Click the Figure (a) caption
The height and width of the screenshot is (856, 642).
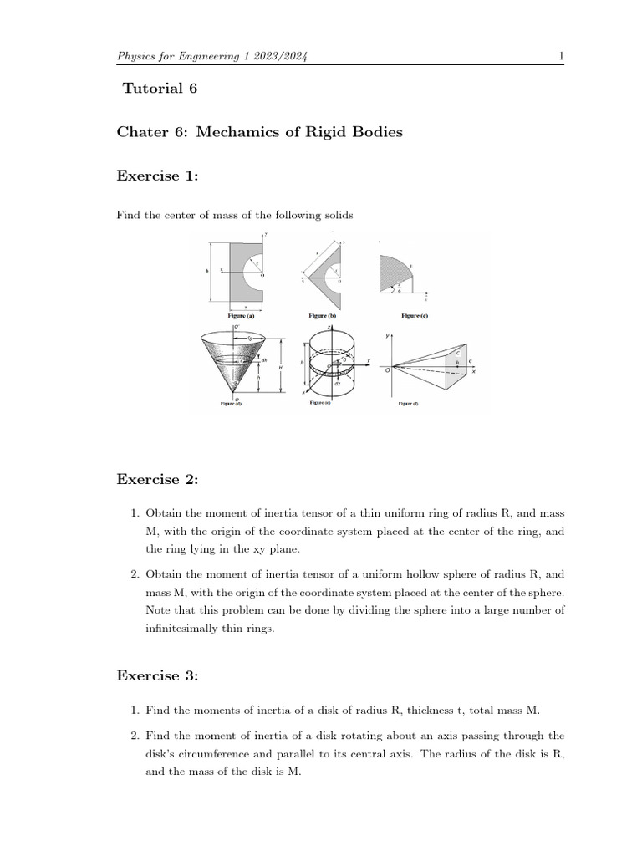(x=241, y=317)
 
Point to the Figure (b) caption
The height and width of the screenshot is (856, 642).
(x=322, y=317)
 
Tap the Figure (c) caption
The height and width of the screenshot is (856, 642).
(x=410, y=317)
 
